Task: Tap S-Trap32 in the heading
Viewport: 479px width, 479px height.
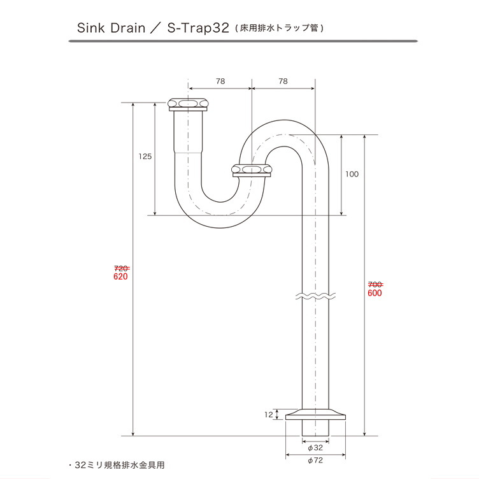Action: tap(198, 28)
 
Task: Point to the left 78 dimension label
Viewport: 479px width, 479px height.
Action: tap(220, 82)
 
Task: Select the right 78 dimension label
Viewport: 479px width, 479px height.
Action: tap(283, 82)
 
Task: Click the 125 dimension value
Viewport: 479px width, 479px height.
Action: tap(145, 157)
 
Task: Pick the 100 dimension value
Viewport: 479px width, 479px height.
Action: tap(352, 174)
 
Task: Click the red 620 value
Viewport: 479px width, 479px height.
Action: tap(120, 276)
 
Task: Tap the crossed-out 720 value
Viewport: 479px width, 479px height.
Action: tap(121, 269)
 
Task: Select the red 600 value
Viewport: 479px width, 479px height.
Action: tap(375, 293)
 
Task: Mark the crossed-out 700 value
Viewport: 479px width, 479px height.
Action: tap(375, 285)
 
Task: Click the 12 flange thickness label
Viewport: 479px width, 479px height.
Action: tap(269, 415)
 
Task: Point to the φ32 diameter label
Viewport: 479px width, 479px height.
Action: tap(315, 448)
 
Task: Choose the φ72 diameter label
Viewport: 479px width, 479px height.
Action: tap(315, 461)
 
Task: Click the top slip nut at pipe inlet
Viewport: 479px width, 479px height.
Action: tap(189, 104)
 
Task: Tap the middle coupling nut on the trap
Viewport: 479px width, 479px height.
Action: tap(252, 171)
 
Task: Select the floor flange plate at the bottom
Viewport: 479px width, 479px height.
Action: tap(315, 415)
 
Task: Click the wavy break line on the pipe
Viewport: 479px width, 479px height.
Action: tap(315, 296)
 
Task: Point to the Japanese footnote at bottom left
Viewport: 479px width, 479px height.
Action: tap(117, 465)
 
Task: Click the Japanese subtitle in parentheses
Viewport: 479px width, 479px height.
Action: tap(280, 29)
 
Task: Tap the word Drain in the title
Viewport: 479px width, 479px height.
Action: tap(127, 28)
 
